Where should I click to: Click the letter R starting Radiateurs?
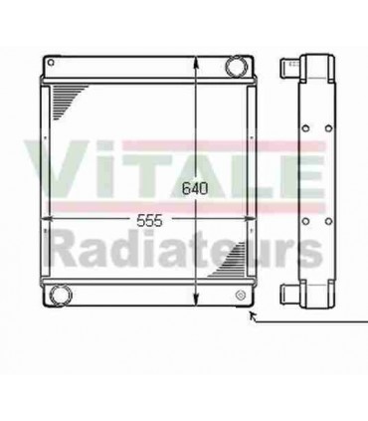click(x=66, y=249)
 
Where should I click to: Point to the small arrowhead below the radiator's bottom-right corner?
click(x=253, y=316)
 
